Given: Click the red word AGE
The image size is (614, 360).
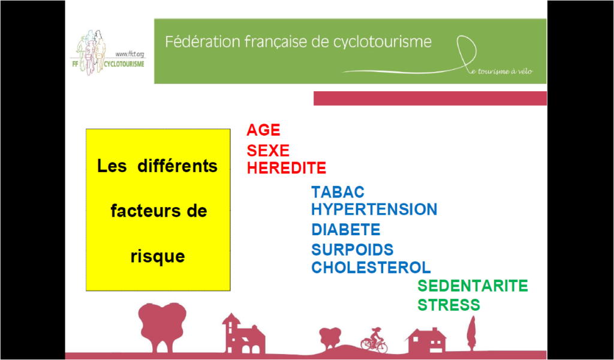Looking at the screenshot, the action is click(263, 130).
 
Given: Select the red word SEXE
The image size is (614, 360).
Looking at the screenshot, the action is click(268, 151).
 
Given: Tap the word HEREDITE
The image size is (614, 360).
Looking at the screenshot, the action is click(286, 168).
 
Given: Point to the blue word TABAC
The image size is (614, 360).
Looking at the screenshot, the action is click(338, 193).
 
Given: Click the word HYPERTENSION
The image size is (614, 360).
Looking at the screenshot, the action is click(374, 209).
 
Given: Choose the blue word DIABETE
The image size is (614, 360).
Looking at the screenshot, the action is click(346, 230).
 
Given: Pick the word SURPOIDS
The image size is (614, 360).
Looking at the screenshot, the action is click(353, 250).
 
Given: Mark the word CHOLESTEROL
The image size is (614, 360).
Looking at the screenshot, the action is click(371, 267).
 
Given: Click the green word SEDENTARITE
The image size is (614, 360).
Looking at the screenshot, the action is click(472, 286).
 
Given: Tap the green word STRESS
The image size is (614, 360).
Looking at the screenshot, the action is click(449, 305).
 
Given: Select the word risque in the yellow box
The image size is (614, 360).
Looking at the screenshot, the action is click(158, 257).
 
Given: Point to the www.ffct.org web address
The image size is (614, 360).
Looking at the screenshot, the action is click(130, 55).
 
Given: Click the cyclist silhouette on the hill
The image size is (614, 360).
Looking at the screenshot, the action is click(374, 340).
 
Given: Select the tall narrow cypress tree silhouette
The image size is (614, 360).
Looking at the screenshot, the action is click(471, 333).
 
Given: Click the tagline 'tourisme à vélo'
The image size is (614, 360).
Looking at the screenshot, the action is click(502, 72).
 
